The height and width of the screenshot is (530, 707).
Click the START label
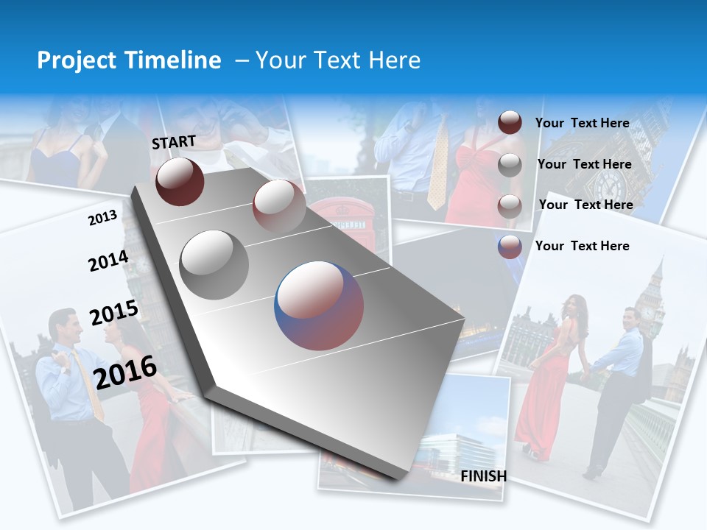coord(174,142)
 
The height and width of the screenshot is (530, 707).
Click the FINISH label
coord(483,476)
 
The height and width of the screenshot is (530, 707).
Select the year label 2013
coord(102,218)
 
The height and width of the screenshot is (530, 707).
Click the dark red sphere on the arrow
coord(180,181)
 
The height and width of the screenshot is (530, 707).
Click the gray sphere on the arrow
coord(214,264)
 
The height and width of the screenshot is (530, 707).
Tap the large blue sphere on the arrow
coord(319,305)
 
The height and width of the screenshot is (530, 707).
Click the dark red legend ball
coord(510,123)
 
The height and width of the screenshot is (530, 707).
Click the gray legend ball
coord(510,165)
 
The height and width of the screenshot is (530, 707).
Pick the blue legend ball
coord(510,247)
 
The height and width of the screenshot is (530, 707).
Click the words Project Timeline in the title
coord(129,60)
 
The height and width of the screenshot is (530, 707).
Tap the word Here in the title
coord(394,60)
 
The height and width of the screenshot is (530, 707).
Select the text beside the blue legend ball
coord(582,246)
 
